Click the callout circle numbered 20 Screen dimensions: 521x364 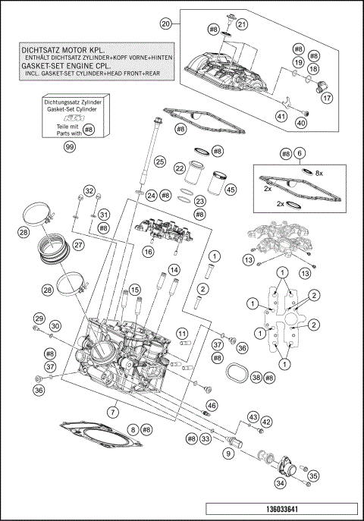coord(165,24)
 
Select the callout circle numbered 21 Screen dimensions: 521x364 coord(242,24)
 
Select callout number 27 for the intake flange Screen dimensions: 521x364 coord(79,245)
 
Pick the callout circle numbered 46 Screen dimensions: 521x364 coord(212,404)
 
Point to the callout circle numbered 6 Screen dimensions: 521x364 coord(301,153)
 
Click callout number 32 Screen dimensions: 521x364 coord(89,190)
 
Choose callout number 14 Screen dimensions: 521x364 coord(174,270)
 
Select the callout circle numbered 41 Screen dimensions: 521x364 coord(281,116)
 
